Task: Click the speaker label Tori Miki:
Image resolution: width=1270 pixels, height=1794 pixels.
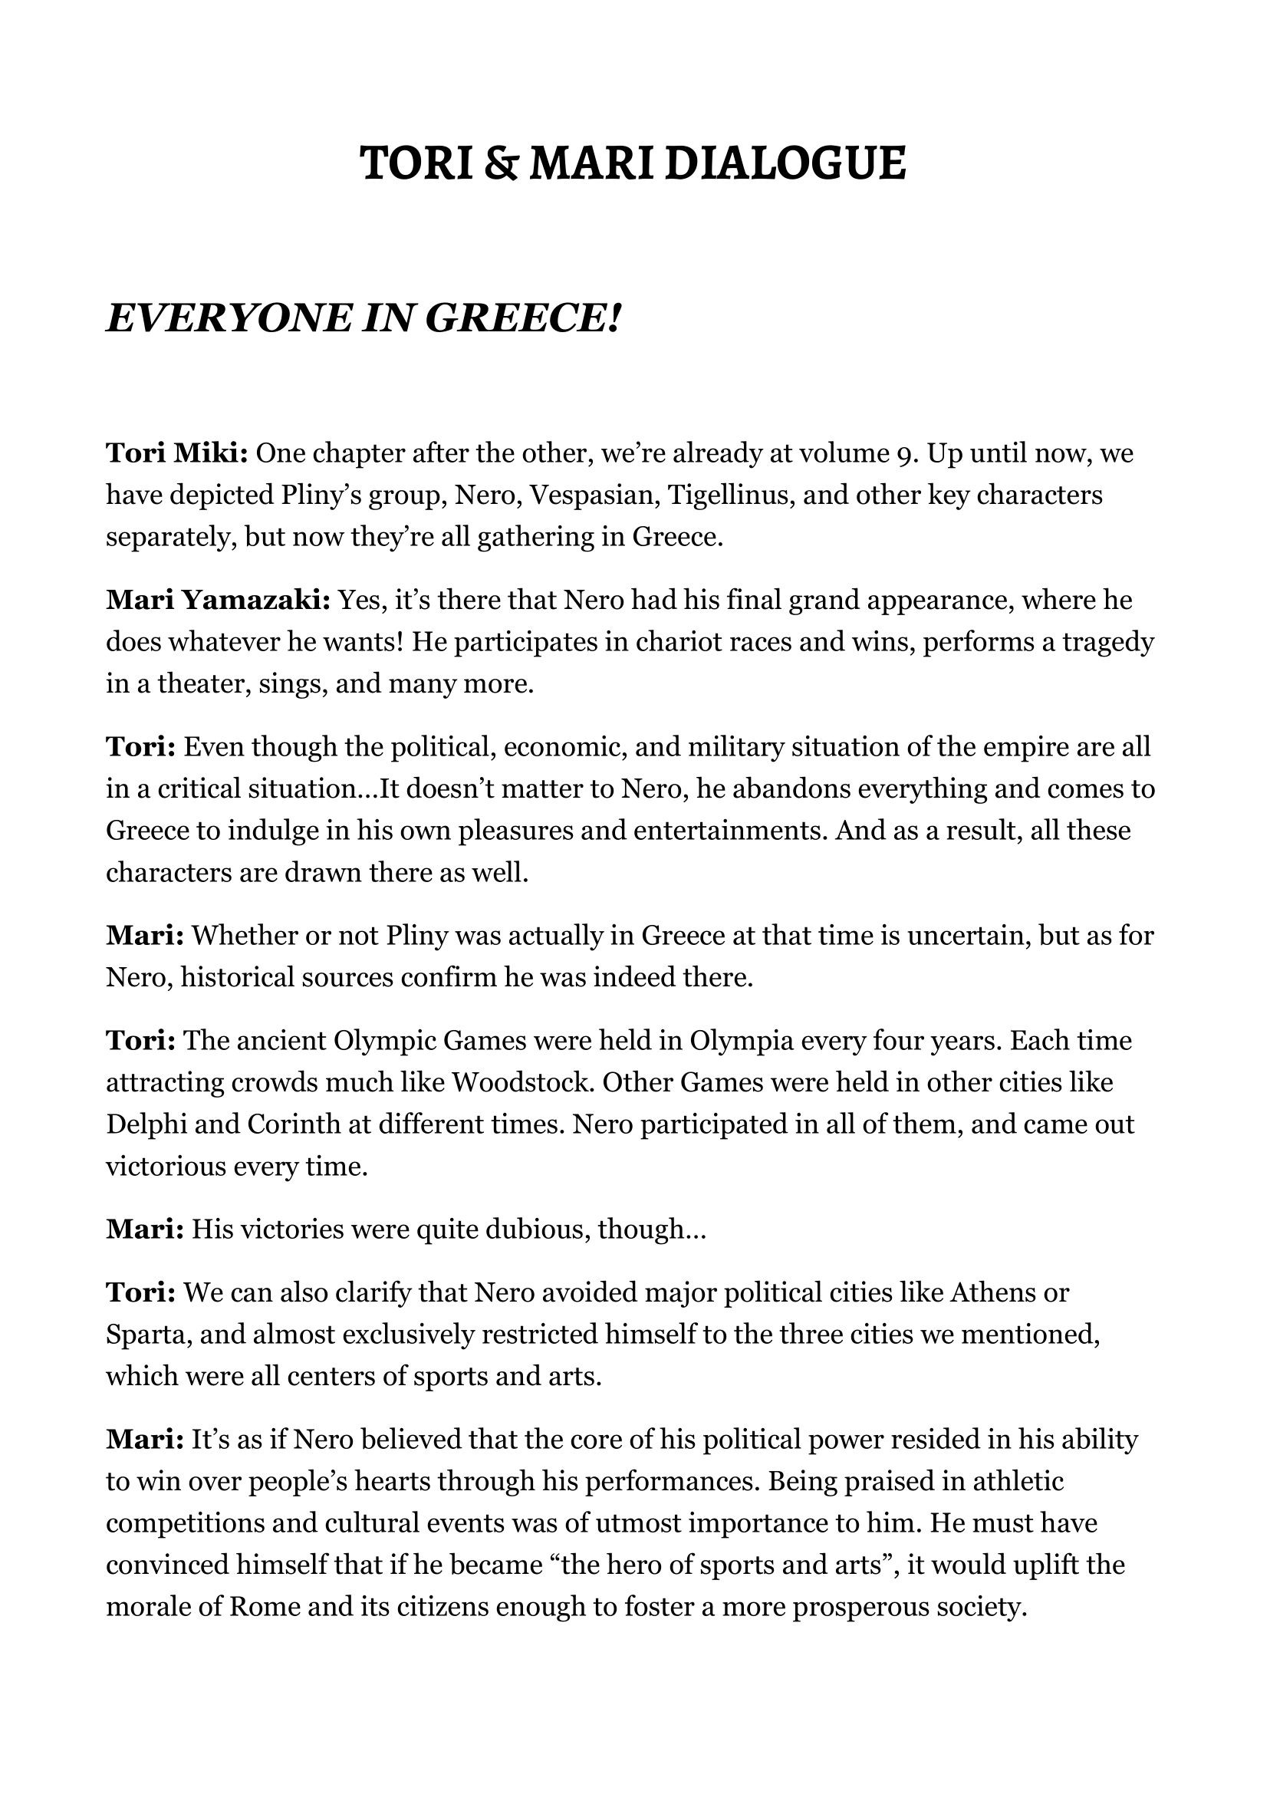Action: pos(177,453)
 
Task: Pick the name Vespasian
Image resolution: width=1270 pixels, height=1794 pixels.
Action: pos(582,495)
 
